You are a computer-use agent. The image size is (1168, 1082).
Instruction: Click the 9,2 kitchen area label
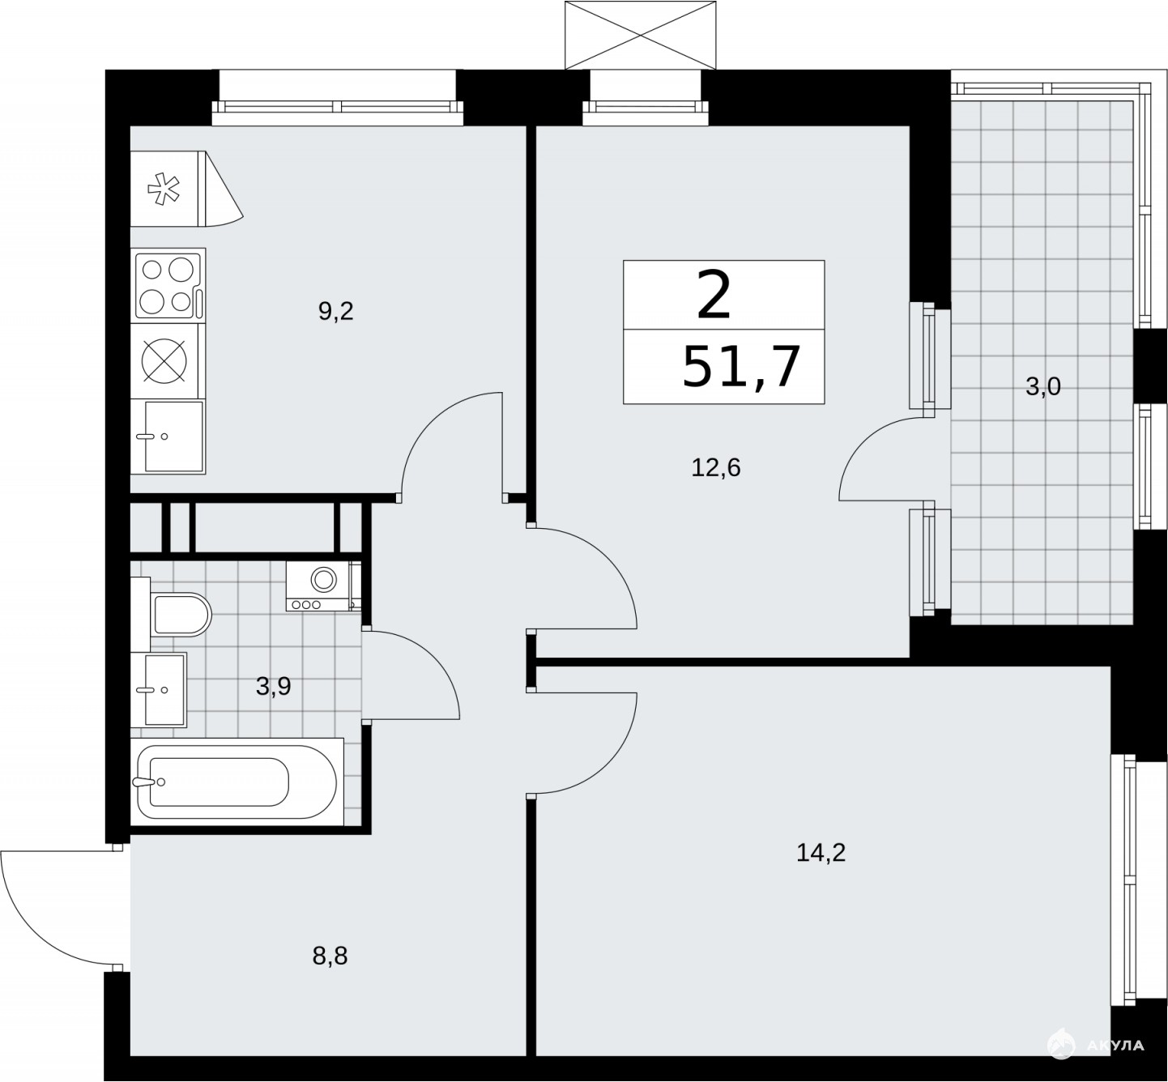coord(336,311)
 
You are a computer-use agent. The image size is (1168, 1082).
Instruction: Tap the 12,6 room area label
coord(716,468)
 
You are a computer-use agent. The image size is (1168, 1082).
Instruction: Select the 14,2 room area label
coord(821,852)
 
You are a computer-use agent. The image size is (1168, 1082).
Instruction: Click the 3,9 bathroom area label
coord(274,686)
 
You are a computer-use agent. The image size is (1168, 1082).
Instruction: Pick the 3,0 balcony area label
coord(1043,387)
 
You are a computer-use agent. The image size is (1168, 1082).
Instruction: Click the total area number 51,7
coord(741,367)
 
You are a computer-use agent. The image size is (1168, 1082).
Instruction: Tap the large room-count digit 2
coord(714,295)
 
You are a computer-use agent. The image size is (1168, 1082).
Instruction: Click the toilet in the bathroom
coord(177,614)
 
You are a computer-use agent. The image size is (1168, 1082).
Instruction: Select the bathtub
coord(237,782)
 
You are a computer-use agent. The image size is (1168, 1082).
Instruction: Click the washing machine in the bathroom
coord(323,586)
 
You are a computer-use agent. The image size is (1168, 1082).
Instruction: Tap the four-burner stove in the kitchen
coord(168,285)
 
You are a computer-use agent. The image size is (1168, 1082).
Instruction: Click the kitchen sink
coord(168,437)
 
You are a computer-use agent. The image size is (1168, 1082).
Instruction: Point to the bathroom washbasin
coord(159,690)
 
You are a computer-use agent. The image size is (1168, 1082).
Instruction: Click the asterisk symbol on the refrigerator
coord(164,189)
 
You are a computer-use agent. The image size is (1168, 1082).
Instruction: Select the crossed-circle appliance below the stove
coord(164,361)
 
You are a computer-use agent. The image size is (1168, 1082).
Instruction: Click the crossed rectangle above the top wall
coord(641,36)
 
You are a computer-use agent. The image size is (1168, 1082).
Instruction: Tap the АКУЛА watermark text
coord(1115,1045)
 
